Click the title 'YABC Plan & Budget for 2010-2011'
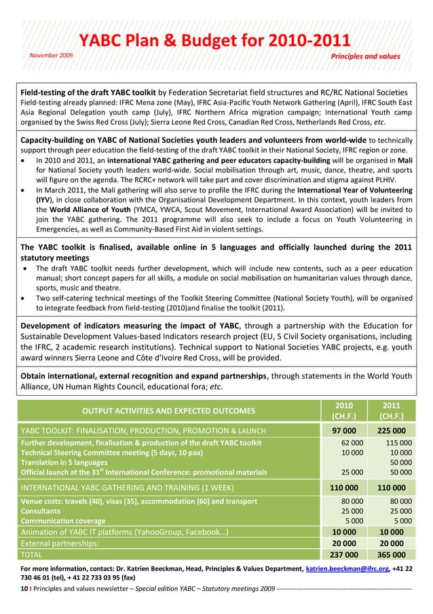(x=215, y=41)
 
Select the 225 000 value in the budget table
(x=391, y=430)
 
